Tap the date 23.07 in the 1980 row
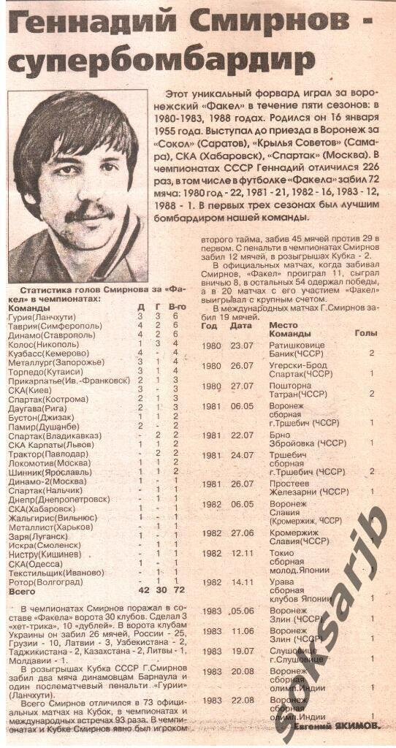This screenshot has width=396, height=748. [x=241, y=346]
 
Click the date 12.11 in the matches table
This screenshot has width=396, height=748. [x=241, y=553]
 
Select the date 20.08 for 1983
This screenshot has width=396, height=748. [x=241, y=671]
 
